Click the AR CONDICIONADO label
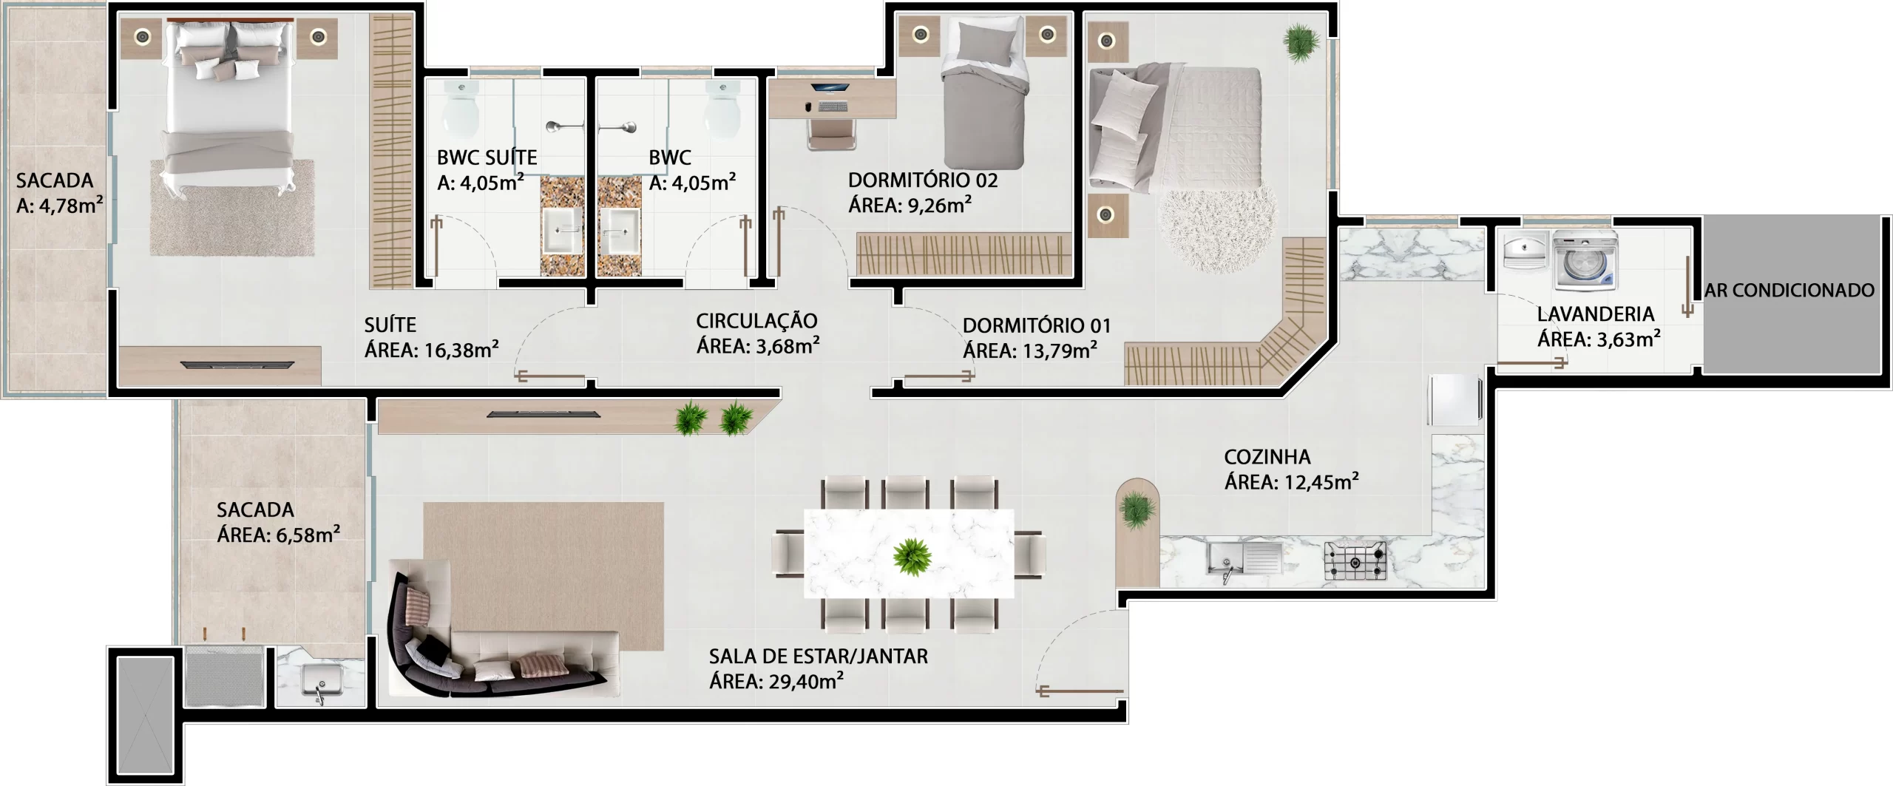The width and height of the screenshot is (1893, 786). click(x=1789, y=291)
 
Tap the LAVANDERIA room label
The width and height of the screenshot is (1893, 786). click(x=1595, y=314)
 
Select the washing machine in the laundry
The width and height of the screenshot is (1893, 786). click(x=1585, y=260)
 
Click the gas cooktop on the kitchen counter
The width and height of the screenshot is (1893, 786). click(x=1355, y=560)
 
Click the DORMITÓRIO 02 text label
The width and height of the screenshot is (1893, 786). click(x=923, y=180)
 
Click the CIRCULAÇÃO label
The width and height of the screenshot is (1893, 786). click(x=756, y=321)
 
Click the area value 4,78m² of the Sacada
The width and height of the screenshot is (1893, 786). click(x=70, y=206)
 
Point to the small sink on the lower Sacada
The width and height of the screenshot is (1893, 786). click(x=322, y=681)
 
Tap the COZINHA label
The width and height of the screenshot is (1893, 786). click(x=1267, y=457)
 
